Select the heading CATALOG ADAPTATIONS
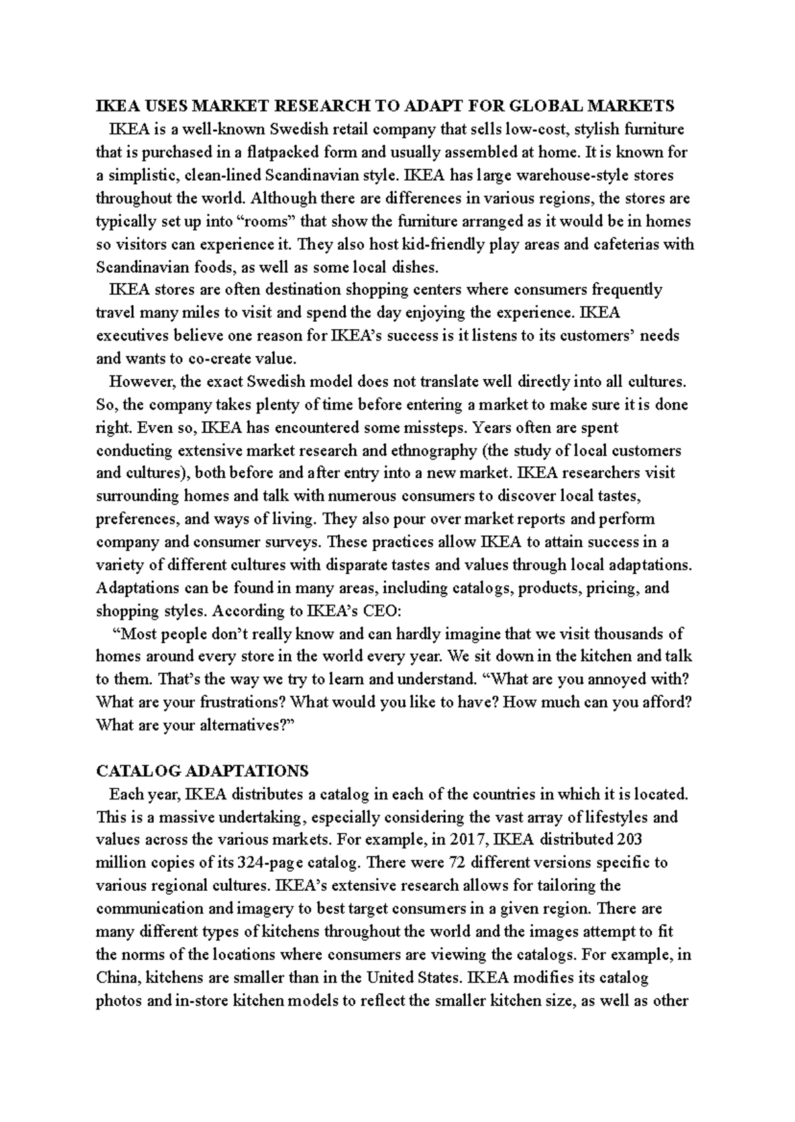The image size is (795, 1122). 202,771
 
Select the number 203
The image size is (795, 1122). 629,840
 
